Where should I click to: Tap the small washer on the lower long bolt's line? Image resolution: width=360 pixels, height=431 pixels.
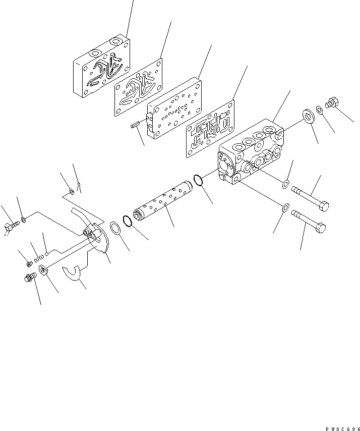pyautogui.click(x=285, y=207)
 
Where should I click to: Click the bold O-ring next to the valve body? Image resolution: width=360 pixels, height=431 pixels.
pyautogui.click(x=199, y=180)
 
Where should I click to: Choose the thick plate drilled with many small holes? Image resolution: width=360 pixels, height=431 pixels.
pyautogui.click(x=174, y=109)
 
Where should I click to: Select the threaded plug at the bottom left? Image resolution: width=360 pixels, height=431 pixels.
pyautogui.click(x=30, y=278)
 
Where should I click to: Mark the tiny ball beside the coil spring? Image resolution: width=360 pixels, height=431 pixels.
pyautogui.click(x=46, y=254)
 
